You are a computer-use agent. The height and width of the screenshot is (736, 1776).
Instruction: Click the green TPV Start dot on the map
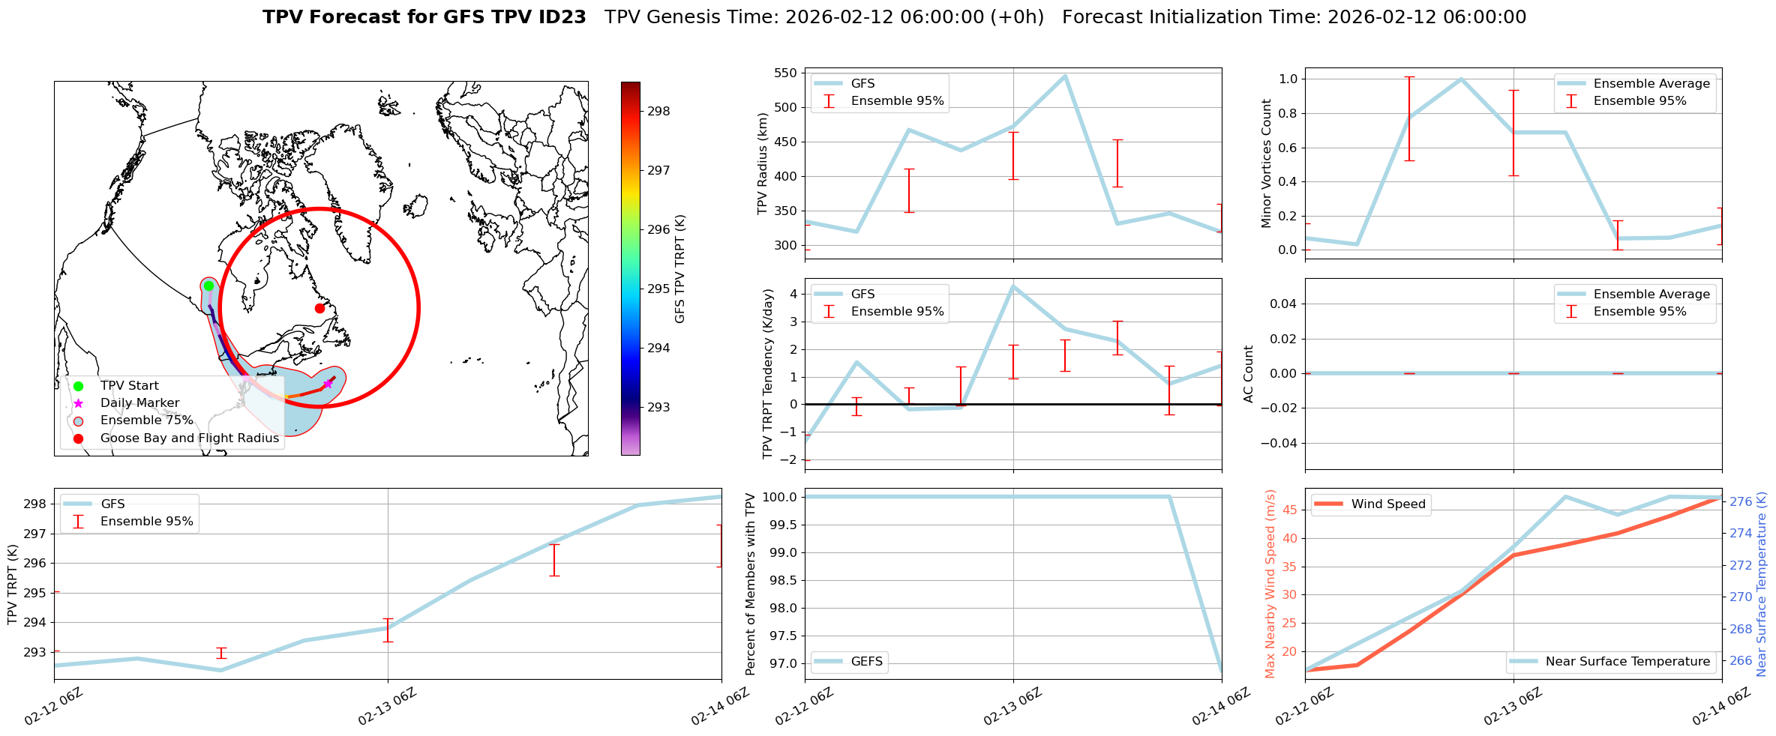208,286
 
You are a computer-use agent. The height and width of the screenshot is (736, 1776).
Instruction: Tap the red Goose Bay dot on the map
319,308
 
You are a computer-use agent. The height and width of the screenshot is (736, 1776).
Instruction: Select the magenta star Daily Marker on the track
328,384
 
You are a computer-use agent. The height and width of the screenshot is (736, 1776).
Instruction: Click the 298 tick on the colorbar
658,112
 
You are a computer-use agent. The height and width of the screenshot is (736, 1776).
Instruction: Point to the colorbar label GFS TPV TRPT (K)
680,269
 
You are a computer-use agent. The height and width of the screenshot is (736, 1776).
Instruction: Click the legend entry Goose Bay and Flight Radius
189,438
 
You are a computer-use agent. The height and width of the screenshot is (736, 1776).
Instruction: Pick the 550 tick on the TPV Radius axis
785,73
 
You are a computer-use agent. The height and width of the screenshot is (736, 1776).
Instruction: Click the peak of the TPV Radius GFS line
1065,76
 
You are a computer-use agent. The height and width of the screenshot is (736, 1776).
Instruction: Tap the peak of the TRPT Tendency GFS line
1013,286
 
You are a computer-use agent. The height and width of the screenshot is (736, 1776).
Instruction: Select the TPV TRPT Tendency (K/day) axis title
767,374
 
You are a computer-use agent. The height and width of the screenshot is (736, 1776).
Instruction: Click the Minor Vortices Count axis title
1267,163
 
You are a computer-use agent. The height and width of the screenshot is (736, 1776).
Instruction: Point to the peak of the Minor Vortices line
1461,79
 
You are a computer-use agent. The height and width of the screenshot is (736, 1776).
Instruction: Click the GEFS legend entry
866,662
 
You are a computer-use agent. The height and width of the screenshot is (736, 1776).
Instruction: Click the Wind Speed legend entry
1387,504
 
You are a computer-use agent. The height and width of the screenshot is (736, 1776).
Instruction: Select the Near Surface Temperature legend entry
1627,662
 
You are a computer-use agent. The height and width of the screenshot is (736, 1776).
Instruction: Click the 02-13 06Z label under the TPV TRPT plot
386,707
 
